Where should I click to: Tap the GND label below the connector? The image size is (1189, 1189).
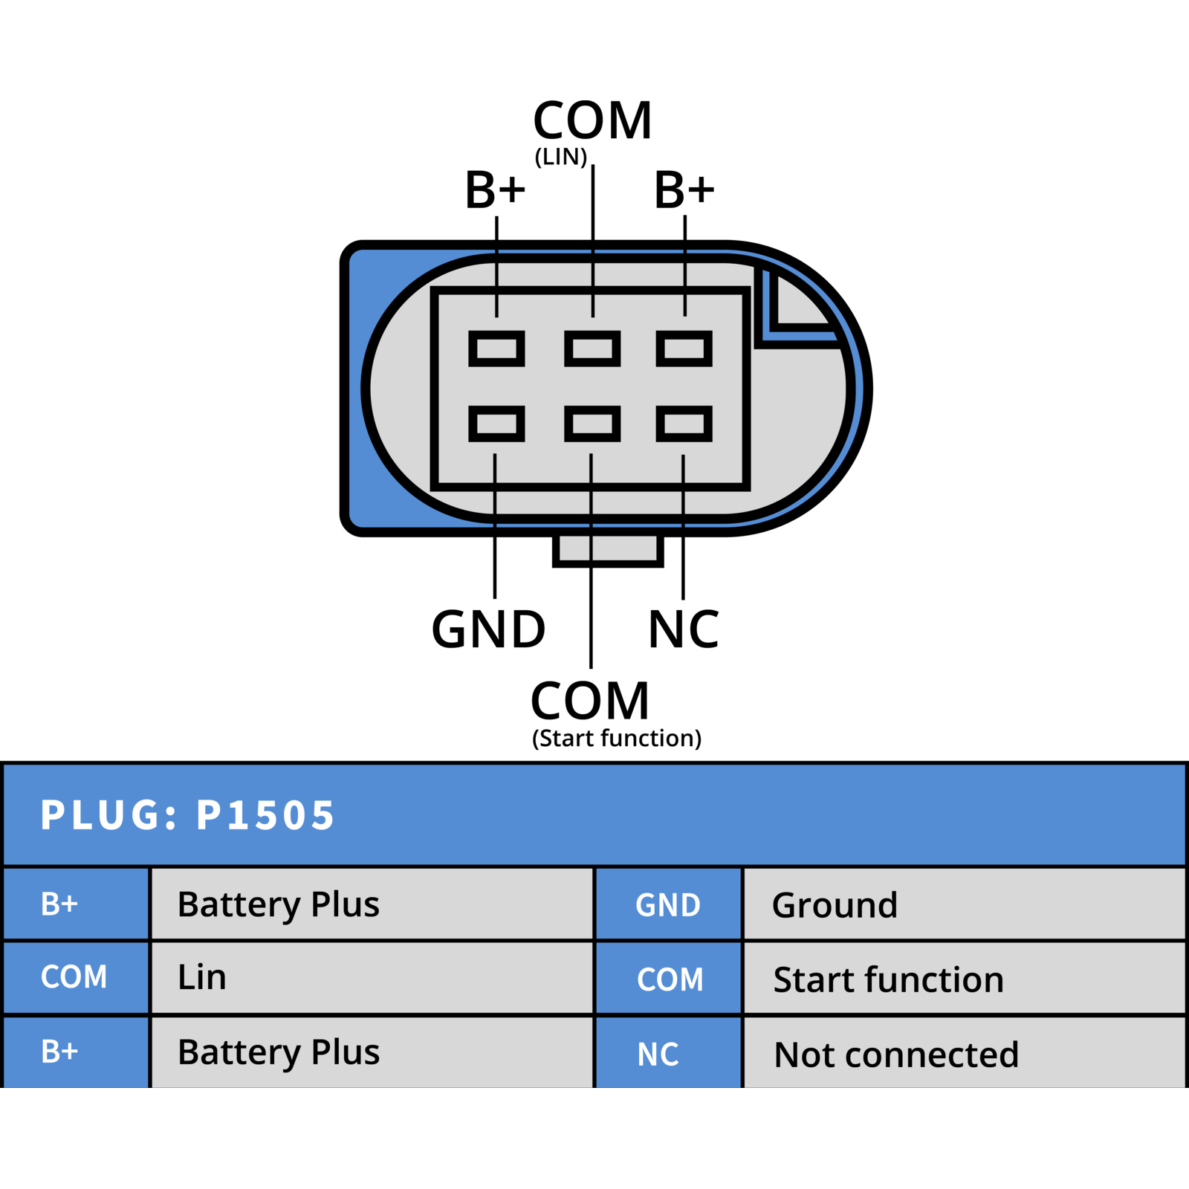click(x=488, y=629)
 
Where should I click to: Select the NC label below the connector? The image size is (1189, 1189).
click(x=684, y=629)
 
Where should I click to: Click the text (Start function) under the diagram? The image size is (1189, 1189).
click(x=617, y=739)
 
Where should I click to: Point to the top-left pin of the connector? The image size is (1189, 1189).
click(x=496, y=349)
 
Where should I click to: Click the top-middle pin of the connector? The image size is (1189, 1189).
click(x=592, y=349)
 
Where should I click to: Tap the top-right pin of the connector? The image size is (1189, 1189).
click(x=684, y=349)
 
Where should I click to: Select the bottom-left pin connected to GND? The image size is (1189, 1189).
click(x=496, y=424)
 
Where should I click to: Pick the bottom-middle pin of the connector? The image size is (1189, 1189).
click(x=592, y=424)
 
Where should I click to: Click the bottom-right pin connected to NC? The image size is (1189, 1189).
click(x=684, y=424)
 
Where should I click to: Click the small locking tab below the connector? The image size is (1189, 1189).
click(x=608, y=551)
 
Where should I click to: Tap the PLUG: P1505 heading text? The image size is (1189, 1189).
click(x=187, y=814)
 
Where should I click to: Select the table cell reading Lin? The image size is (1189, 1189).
click(x=372, y=977)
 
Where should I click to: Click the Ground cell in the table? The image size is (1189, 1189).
click(x=964, y=904)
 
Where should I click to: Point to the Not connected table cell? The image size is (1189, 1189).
click(x=964, y=1053)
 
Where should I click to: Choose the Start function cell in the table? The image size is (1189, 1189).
click(x=964, y=979)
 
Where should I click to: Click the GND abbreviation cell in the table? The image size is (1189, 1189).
click(x=669, y=904)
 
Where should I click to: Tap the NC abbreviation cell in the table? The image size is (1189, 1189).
click(x=669, y=1053)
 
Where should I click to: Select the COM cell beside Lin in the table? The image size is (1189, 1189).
click(x=76, y=977)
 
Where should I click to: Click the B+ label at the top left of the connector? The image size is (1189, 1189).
click(x=495, y=189)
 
